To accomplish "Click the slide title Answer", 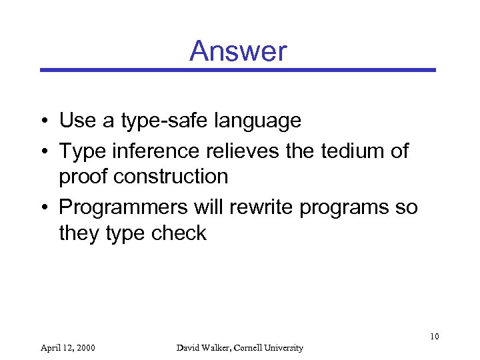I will tap(238, 51).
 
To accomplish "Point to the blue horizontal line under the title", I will tap(238, 69).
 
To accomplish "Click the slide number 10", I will tap(434, 336).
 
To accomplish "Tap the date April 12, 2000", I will tap(67, 347).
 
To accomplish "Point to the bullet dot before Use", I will tap(45, 122).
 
